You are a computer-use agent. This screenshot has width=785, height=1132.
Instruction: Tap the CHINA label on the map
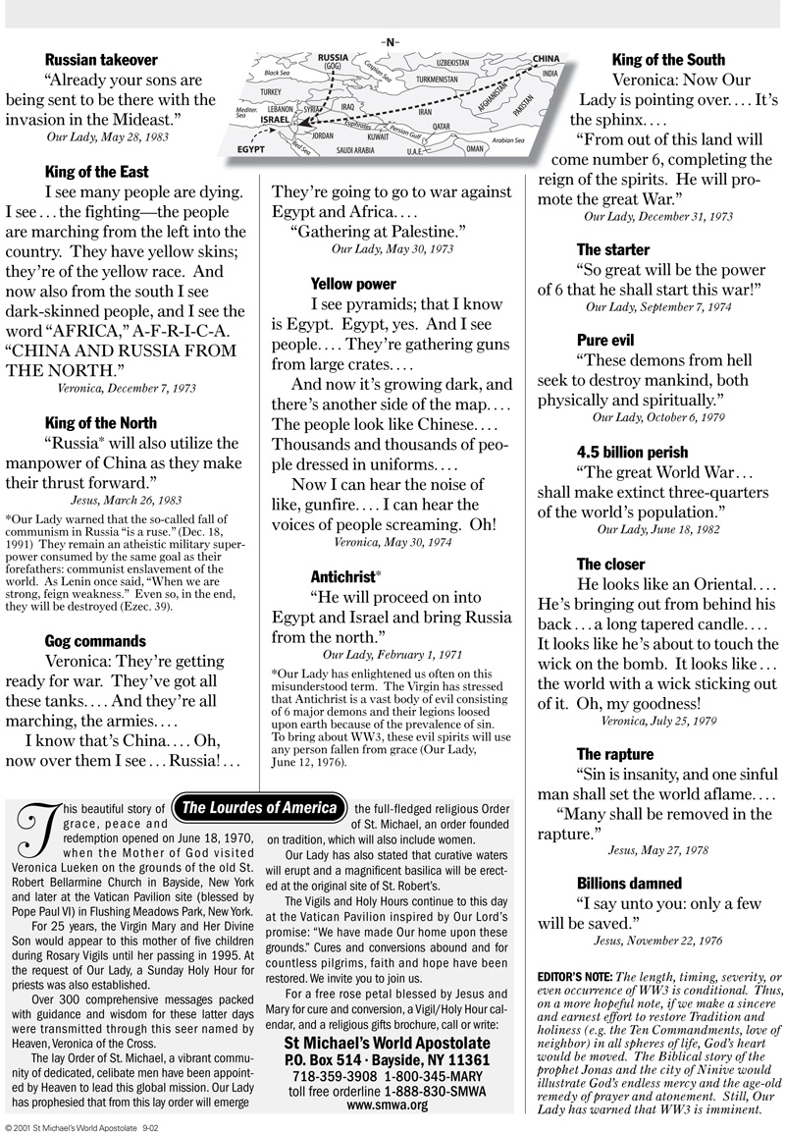click(x=546, y=59)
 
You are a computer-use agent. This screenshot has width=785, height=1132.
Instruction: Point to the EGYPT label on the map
click(x=251, y=151)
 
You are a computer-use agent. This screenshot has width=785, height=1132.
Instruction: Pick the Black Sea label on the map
click(x=277, y=73)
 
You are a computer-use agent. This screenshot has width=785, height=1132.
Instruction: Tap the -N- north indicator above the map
click(x=391, y=41)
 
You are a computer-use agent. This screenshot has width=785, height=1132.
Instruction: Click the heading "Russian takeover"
click(x=101, y=60)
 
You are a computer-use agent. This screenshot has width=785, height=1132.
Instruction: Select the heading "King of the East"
click(x=97, y=173)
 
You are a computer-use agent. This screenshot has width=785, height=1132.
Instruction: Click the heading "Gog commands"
click(x=94, y=641)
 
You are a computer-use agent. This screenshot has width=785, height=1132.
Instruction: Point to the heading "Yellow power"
click(x=353, y=285)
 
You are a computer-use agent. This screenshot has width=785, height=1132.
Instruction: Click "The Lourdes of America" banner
click(x=260, y=808)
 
